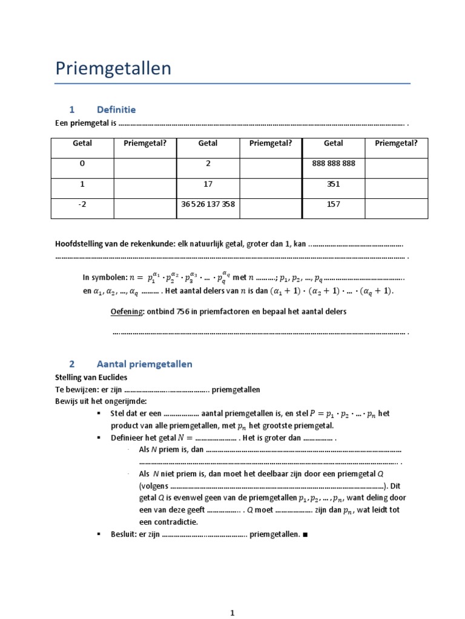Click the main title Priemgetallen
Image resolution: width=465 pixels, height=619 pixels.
(x=113, y=69)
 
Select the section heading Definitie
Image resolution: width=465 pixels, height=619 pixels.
(x=116, y=109)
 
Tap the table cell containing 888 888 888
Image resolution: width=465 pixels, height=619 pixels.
(x=333, y=164)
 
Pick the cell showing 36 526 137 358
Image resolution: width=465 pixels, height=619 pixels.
(x=208, y=204)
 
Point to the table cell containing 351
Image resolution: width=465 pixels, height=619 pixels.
(x=333, y=184)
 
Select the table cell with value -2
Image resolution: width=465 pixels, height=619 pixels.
(x=82, y=204)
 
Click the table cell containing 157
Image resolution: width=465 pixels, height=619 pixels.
(x=333, y=204)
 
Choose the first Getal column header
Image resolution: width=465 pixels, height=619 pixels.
(x=82, y=143)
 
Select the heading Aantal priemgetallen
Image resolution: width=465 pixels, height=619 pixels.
(x=144, y=364)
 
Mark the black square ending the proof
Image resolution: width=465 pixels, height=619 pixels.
(x=304, y=535)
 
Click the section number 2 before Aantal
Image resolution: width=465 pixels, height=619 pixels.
(x=71, y=364)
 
